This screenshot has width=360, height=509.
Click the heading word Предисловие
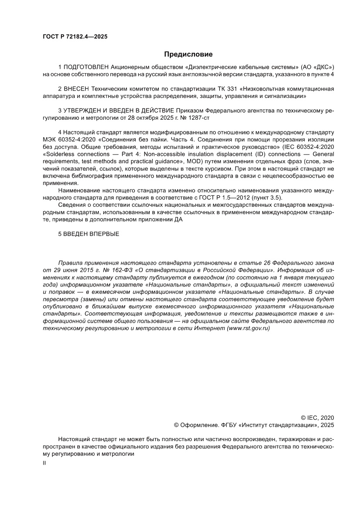click(188, 54)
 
